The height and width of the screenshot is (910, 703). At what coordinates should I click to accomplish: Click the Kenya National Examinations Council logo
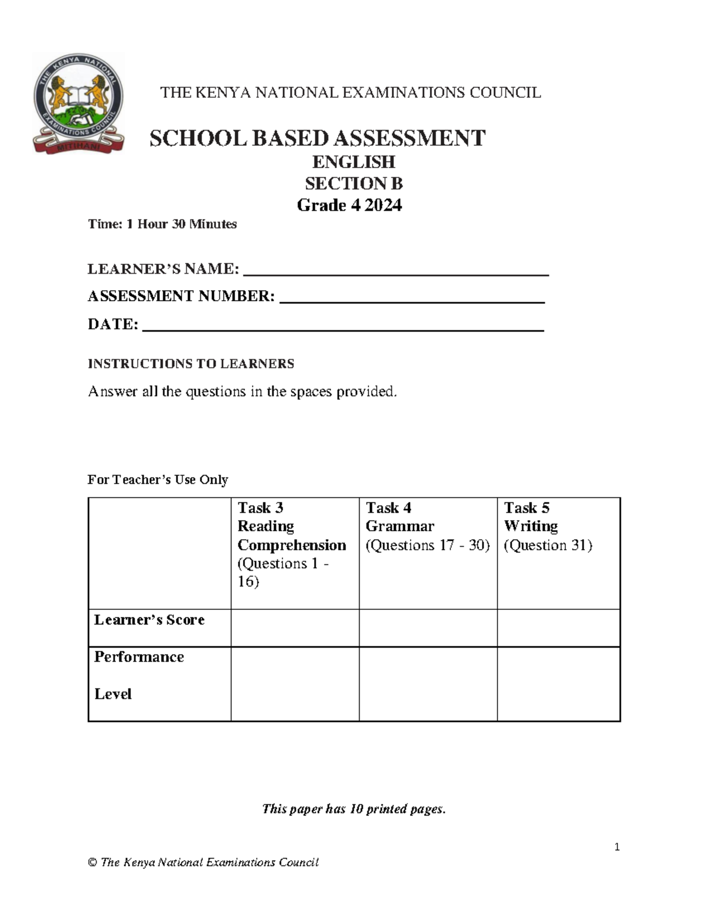[x=78, y=104]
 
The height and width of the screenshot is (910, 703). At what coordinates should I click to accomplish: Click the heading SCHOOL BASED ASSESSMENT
[x=317, y=139]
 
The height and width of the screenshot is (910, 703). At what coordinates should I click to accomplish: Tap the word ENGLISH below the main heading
[x=353, y=162]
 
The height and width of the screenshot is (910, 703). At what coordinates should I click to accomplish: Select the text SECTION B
[x=353, y=183]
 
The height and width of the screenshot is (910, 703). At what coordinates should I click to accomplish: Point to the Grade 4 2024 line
[x=349, y=205]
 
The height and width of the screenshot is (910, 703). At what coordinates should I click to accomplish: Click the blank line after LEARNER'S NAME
[x=395, y=271]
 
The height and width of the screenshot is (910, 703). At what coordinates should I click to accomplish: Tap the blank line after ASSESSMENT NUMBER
[x=412, y=299]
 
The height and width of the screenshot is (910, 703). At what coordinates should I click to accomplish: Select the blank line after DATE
[x=343, y=327]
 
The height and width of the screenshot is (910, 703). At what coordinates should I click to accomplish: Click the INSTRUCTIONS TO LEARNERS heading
[x=191, y=364]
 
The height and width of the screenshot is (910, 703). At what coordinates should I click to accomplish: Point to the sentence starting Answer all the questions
[x=243, y=391]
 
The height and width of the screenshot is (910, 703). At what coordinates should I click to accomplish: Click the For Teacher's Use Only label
[x=158, y=479]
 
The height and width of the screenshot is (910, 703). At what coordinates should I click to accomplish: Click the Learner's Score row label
[x=149, y=620]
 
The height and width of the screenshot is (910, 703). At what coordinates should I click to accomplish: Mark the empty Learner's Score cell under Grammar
[x=428, y=628]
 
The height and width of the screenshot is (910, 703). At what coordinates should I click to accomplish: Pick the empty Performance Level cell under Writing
[x=558, y=684]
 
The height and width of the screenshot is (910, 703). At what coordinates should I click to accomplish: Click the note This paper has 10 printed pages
[x=354, y=809]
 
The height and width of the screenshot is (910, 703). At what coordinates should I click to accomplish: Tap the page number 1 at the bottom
[x=617, y=847]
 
